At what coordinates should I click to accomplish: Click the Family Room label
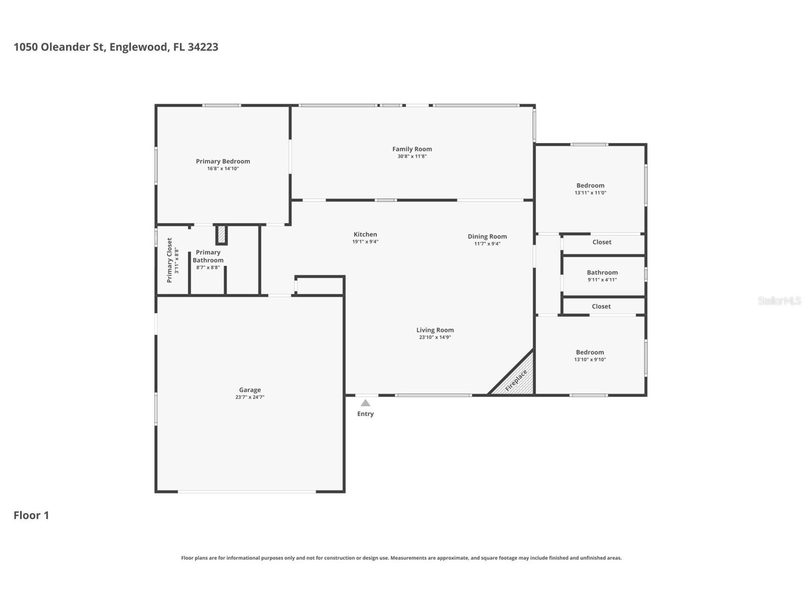412,149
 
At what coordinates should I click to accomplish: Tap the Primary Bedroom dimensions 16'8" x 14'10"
223,169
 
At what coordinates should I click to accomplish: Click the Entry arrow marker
365,403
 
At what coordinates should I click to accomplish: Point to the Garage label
249,390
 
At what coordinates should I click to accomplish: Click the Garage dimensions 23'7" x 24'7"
249,398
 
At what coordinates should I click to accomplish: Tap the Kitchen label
365,234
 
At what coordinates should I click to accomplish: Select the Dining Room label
487,237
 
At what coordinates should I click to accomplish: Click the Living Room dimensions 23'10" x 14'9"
434,337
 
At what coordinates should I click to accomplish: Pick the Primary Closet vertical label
169,260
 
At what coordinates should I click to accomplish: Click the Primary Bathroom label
208,256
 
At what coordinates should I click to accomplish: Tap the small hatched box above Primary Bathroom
221,235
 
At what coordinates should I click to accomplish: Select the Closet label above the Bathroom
601,242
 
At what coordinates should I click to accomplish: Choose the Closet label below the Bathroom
601,307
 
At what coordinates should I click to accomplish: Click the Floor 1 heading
31,515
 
